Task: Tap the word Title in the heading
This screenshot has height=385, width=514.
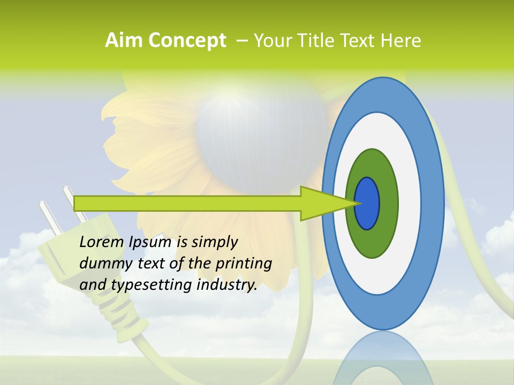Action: pos(321,41)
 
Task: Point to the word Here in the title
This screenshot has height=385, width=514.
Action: pos(401,41)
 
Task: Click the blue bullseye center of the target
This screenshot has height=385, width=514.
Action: pos(367,203)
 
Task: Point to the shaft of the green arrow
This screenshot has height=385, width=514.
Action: pos(187,203)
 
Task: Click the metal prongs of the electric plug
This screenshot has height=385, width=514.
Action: pos(59,209)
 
